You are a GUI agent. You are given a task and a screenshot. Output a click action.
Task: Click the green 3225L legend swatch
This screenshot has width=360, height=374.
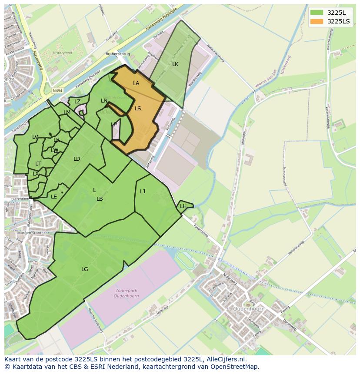click(317, 13)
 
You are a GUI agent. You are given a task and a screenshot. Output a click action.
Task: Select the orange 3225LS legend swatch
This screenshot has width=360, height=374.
click(317, 21)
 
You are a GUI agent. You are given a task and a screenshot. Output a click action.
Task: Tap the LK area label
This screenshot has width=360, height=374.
click(175, 64)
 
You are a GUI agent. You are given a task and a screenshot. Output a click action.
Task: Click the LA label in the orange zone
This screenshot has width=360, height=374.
click(136, 83)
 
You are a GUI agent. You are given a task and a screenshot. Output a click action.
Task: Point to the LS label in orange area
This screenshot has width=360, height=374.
click(138, 109)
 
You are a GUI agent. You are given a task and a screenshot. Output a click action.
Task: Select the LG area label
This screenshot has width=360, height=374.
click(85, 269)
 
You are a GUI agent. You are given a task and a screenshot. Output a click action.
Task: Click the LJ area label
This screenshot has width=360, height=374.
click(143, 191)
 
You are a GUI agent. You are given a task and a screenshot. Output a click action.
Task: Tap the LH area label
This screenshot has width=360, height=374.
click(183, 206)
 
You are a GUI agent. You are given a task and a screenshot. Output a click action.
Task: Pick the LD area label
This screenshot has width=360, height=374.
click(77, 159)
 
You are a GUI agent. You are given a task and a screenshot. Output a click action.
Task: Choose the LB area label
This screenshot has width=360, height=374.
click(100, 199)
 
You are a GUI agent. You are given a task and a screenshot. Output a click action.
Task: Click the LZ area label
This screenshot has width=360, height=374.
click(77, 102)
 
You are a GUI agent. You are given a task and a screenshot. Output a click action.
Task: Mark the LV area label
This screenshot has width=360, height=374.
click(35, 137)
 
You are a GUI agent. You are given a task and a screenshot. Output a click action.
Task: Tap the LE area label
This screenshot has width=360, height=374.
click(54, 197)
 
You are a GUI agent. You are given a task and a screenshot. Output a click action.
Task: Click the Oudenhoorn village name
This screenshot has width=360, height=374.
click(249, 309)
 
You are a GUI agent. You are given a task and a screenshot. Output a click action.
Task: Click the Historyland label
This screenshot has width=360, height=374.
click(62, 53)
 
